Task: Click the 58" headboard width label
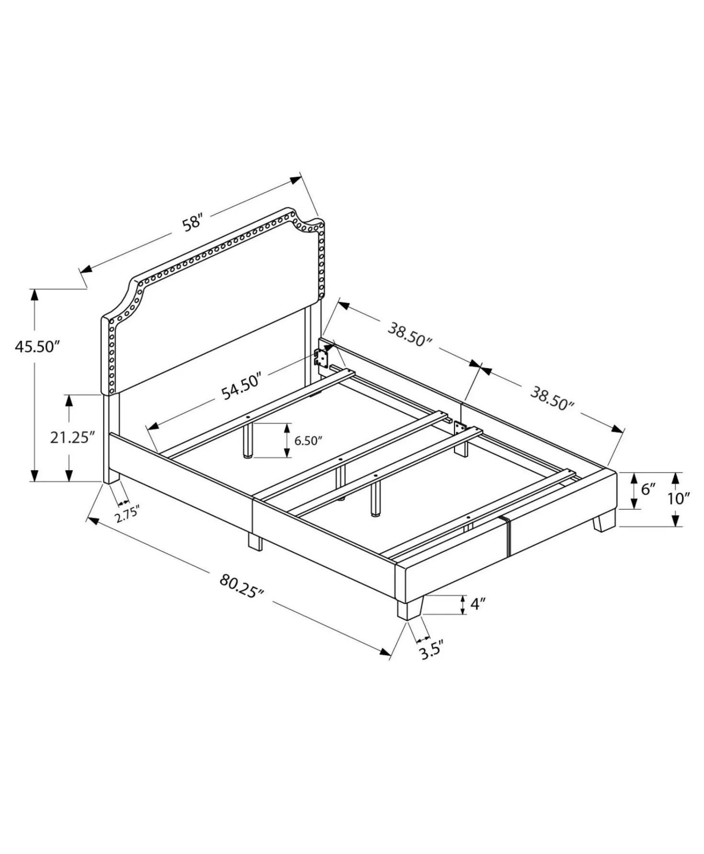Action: click(193, 223)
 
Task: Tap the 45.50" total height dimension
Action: click(36, 346)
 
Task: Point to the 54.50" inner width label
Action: click(240, 386)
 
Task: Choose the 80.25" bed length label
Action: click(242, 585)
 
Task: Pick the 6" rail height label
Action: click(648, 489)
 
